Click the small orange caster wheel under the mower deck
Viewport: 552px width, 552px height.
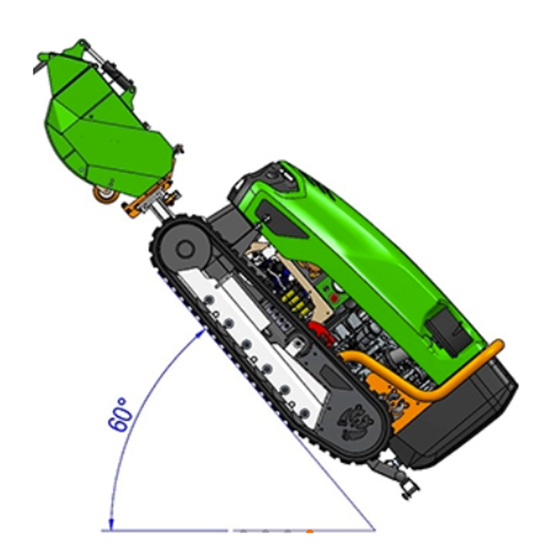(x=105, y=194)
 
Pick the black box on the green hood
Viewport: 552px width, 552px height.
(x=449, y=329)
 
